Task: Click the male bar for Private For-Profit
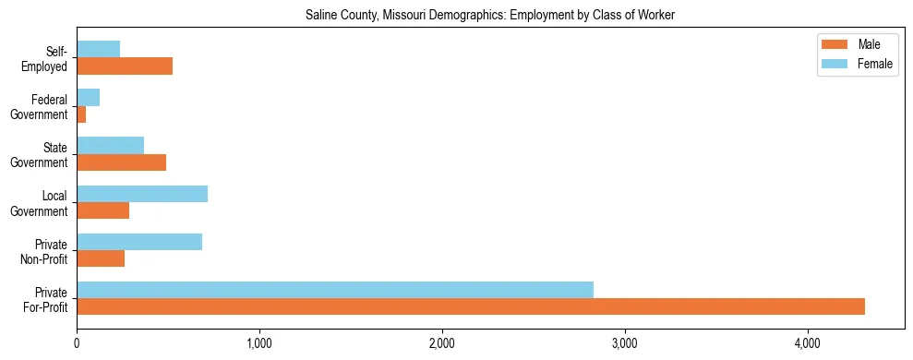[471, 306]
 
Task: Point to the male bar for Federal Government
[81, 114]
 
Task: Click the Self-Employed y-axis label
[48, 58]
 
